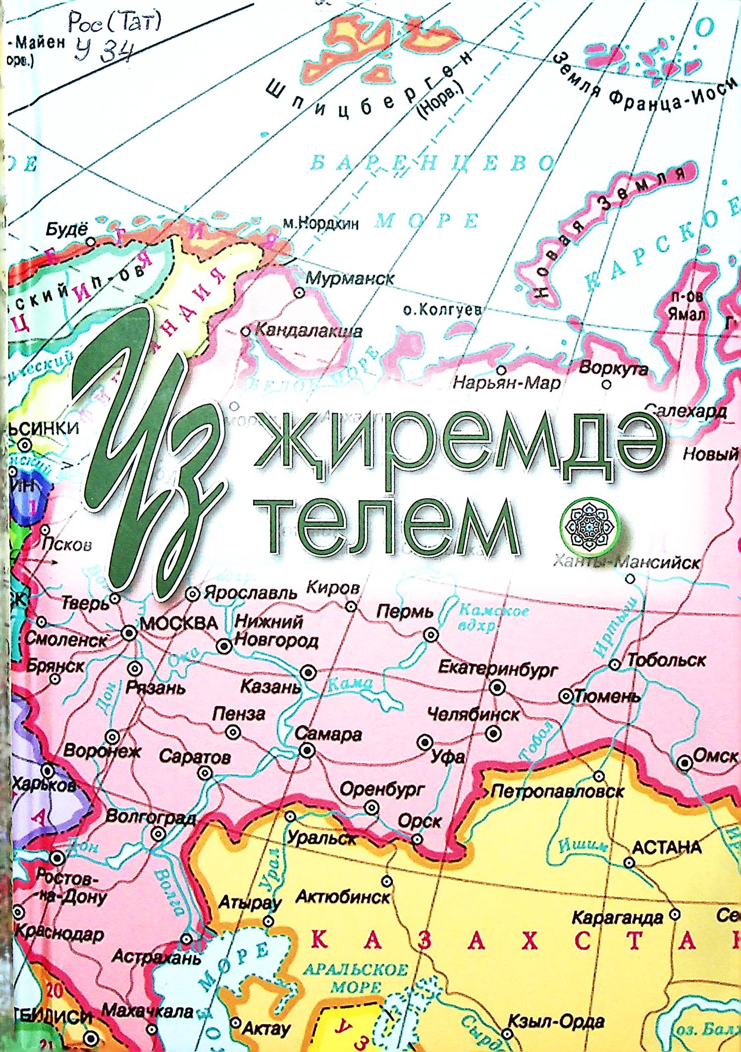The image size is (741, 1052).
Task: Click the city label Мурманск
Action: point(350,278)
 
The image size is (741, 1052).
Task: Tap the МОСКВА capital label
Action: point(179,624)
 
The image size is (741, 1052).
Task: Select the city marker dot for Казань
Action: point(310,672)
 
